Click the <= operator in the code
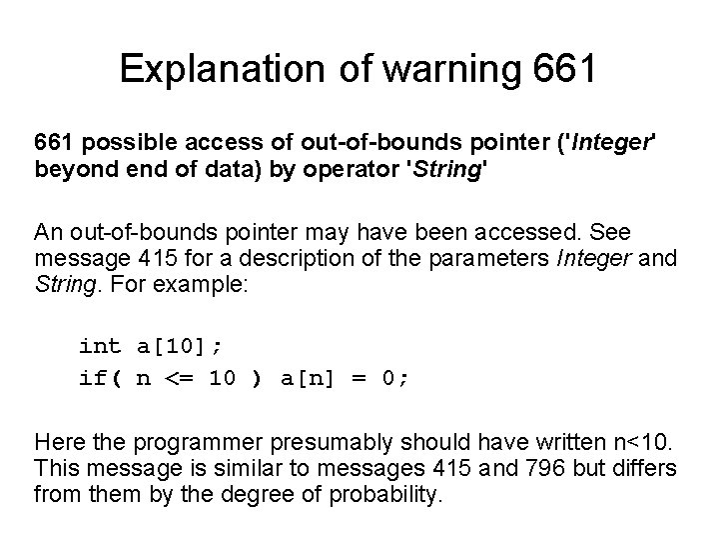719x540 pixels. click(178, 379)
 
